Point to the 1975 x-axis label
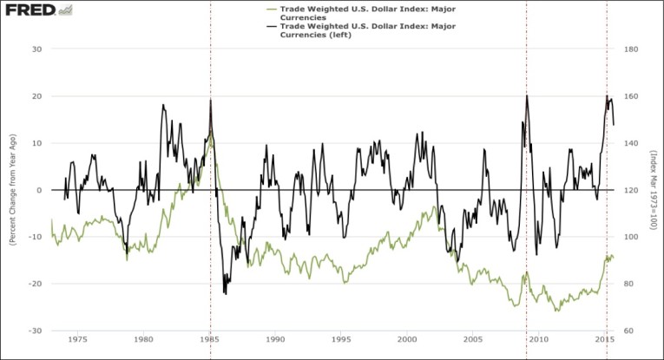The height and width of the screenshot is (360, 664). [77, 339]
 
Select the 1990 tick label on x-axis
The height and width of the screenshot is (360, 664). [276, 339]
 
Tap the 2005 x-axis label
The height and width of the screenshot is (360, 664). [473, 339]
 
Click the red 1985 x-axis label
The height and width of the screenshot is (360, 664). [211, 339]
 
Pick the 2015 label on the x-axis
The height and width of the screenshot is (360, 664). [606, 339]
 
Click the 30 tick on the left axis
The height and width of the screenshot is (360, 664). [37, 49]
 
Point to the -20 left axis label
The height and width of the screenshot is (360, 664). [36, 284]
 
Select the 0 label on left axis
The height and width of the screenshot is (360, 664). [40, 190]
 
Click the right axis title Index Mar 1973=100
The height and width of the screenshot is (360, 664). [654, 190]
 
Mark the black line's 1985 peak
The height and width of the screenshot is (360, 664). [210, 100]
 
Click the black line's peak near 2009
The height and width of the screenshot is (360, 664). [527, 95]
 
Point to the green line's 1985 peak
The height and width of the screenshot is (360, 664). [210, 132]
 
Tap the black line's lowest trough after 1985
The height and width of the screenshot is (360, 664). [226, 294]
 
